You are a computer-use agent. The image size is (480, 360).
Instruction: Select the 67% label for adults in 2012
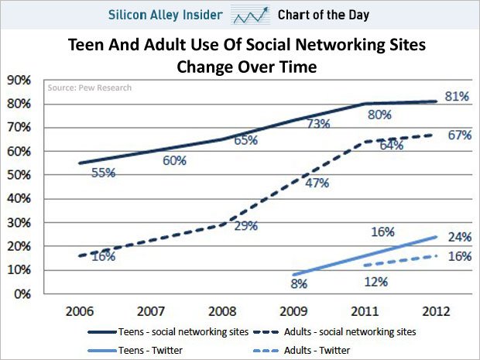click(x=459, y=135)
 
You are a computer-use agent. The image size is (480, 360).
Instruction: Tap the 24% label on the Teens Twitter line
click(x=459, y=238)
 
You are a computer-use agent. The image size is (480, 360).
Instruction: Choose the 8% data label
click(x=300, y=284)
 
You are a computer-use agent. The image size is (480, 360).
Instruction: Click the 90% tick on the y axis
click(x=19, y=80)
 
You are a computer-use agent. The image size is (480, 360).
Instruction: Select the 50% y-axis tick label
click(x=19, y=175)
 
